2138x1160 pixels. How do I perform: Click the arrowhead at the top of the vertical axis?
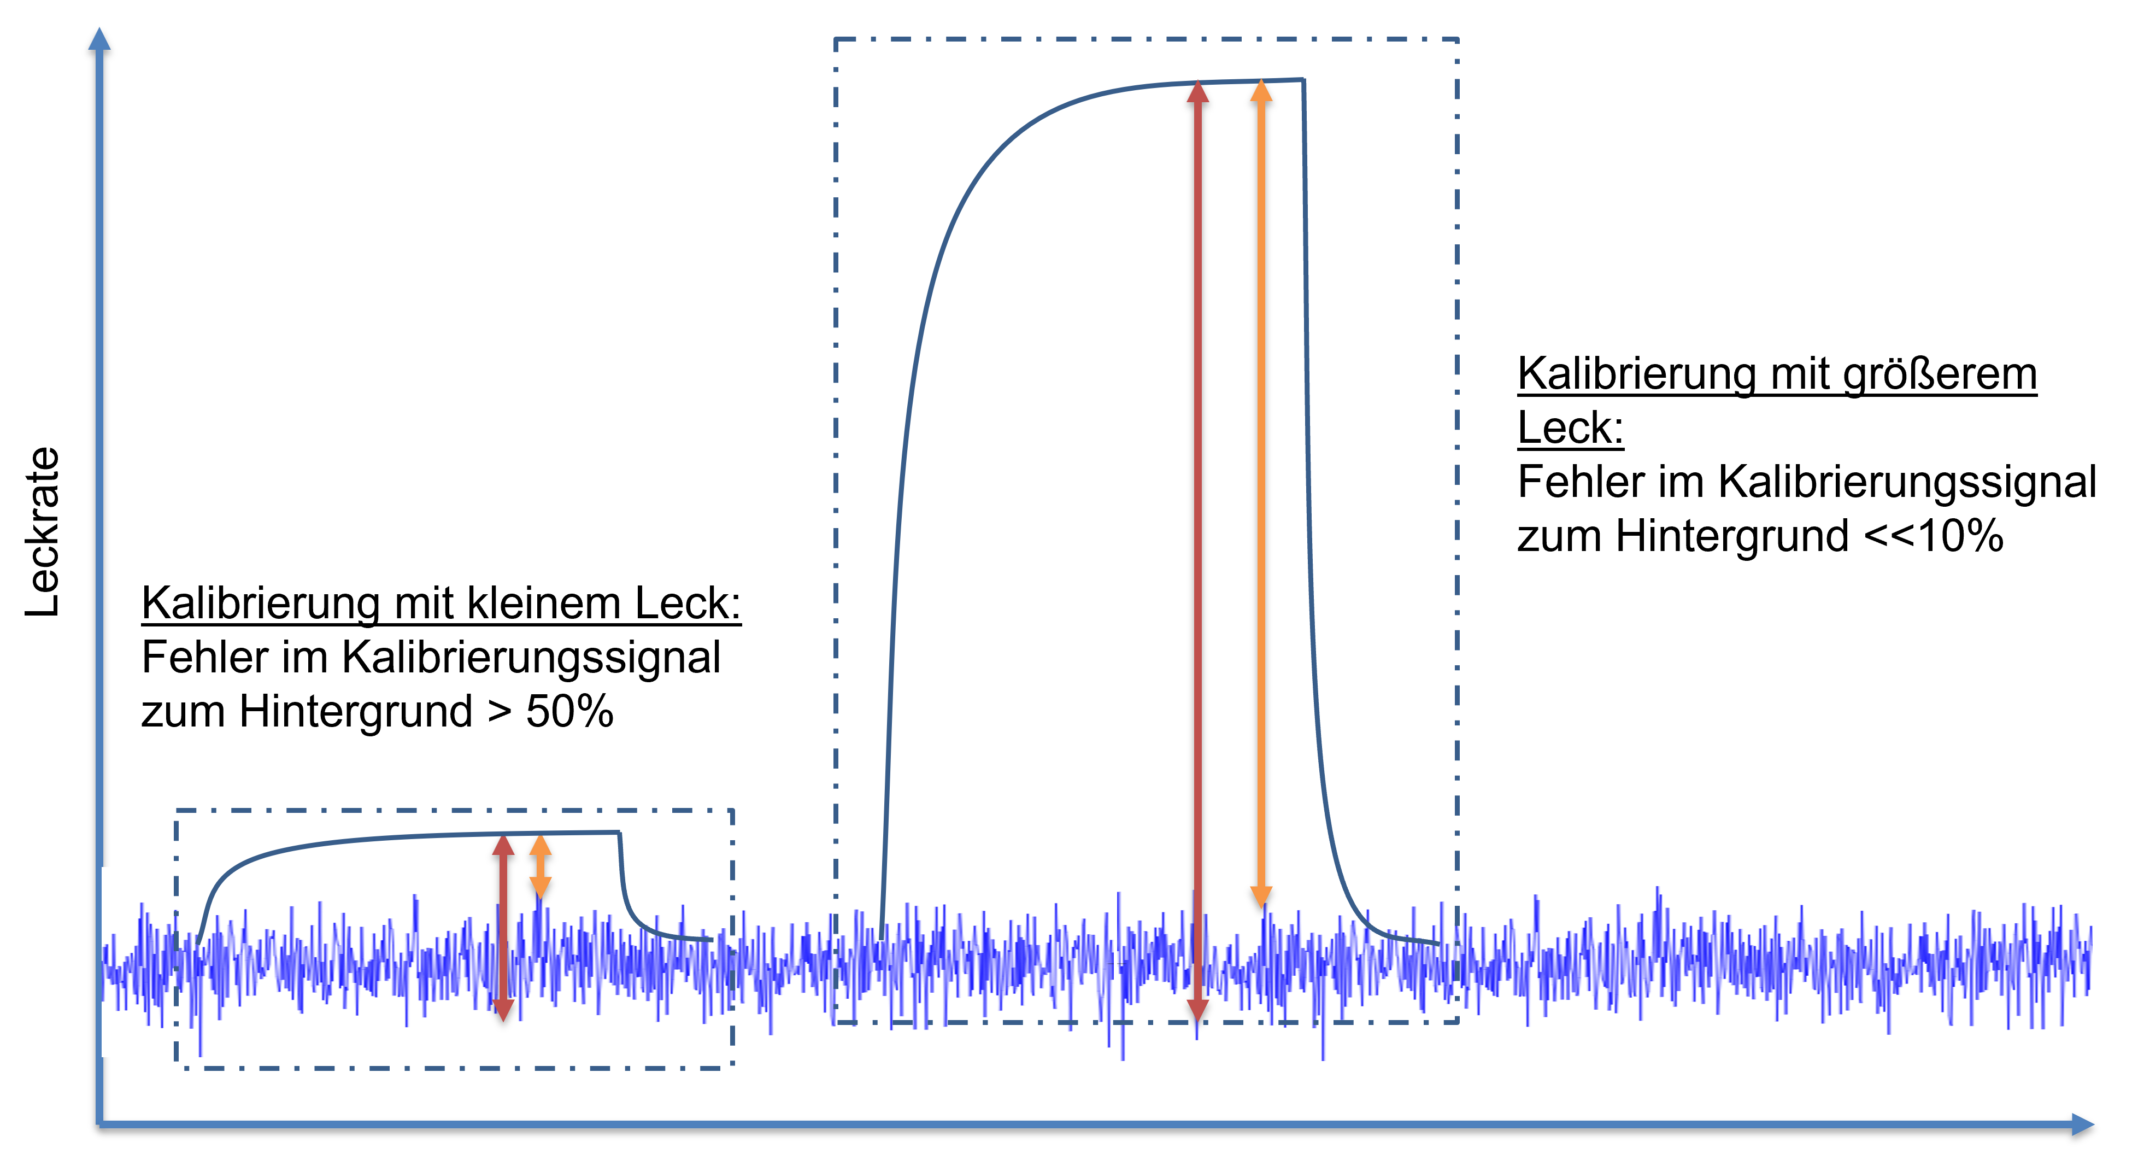pyautogui.click(x=99, y=37)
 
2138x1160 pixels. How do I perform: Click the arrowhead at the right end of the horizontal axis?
pyautogui.click(x=2083, y=1124)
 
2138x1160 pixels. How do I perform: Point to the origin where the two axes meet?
pyautogui.click(x=99, y=1124)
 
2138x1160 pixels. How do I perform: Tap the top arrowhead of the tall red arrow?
pyautogui.click(x=1197, y=91)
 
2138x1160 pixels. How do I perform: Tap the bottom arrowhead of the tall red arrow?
pyautogui.click(x=1197, y=1010)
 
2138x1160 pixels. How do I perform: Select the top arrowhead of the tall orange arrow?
pyautogui.click(x=1261, y=91)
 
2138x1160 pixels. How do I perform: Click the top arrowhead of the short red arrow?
pyautogui.click(x=503, y=845)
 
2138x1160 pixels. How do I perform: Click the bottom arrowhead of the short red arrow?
pyautogui.click(x=503, y=1010)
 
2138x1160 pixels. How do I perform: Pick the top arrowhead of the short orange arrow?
pyautogui.click(x=541, y=845)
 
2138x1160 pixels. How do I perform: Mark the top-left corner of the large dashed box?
pyautogui.click(x=836, y=39)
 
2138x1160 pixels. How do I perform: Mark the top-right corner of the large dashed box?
pyautogui.click(x=1458, y=39)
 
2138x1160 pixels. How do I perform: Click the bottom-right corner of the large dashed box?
pyautogui.click(x=1458, y=1022)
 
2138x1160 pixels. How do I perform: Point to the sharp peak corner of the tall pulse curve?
pyautogui.click(x=1303, y=80)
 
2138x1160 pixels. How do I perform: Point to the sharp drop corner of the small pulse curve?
pyautogui.click(x=619, y=832)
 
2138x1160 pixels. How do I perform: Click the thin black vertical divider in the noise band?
pyautogui.click(x=1115, y=955)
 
